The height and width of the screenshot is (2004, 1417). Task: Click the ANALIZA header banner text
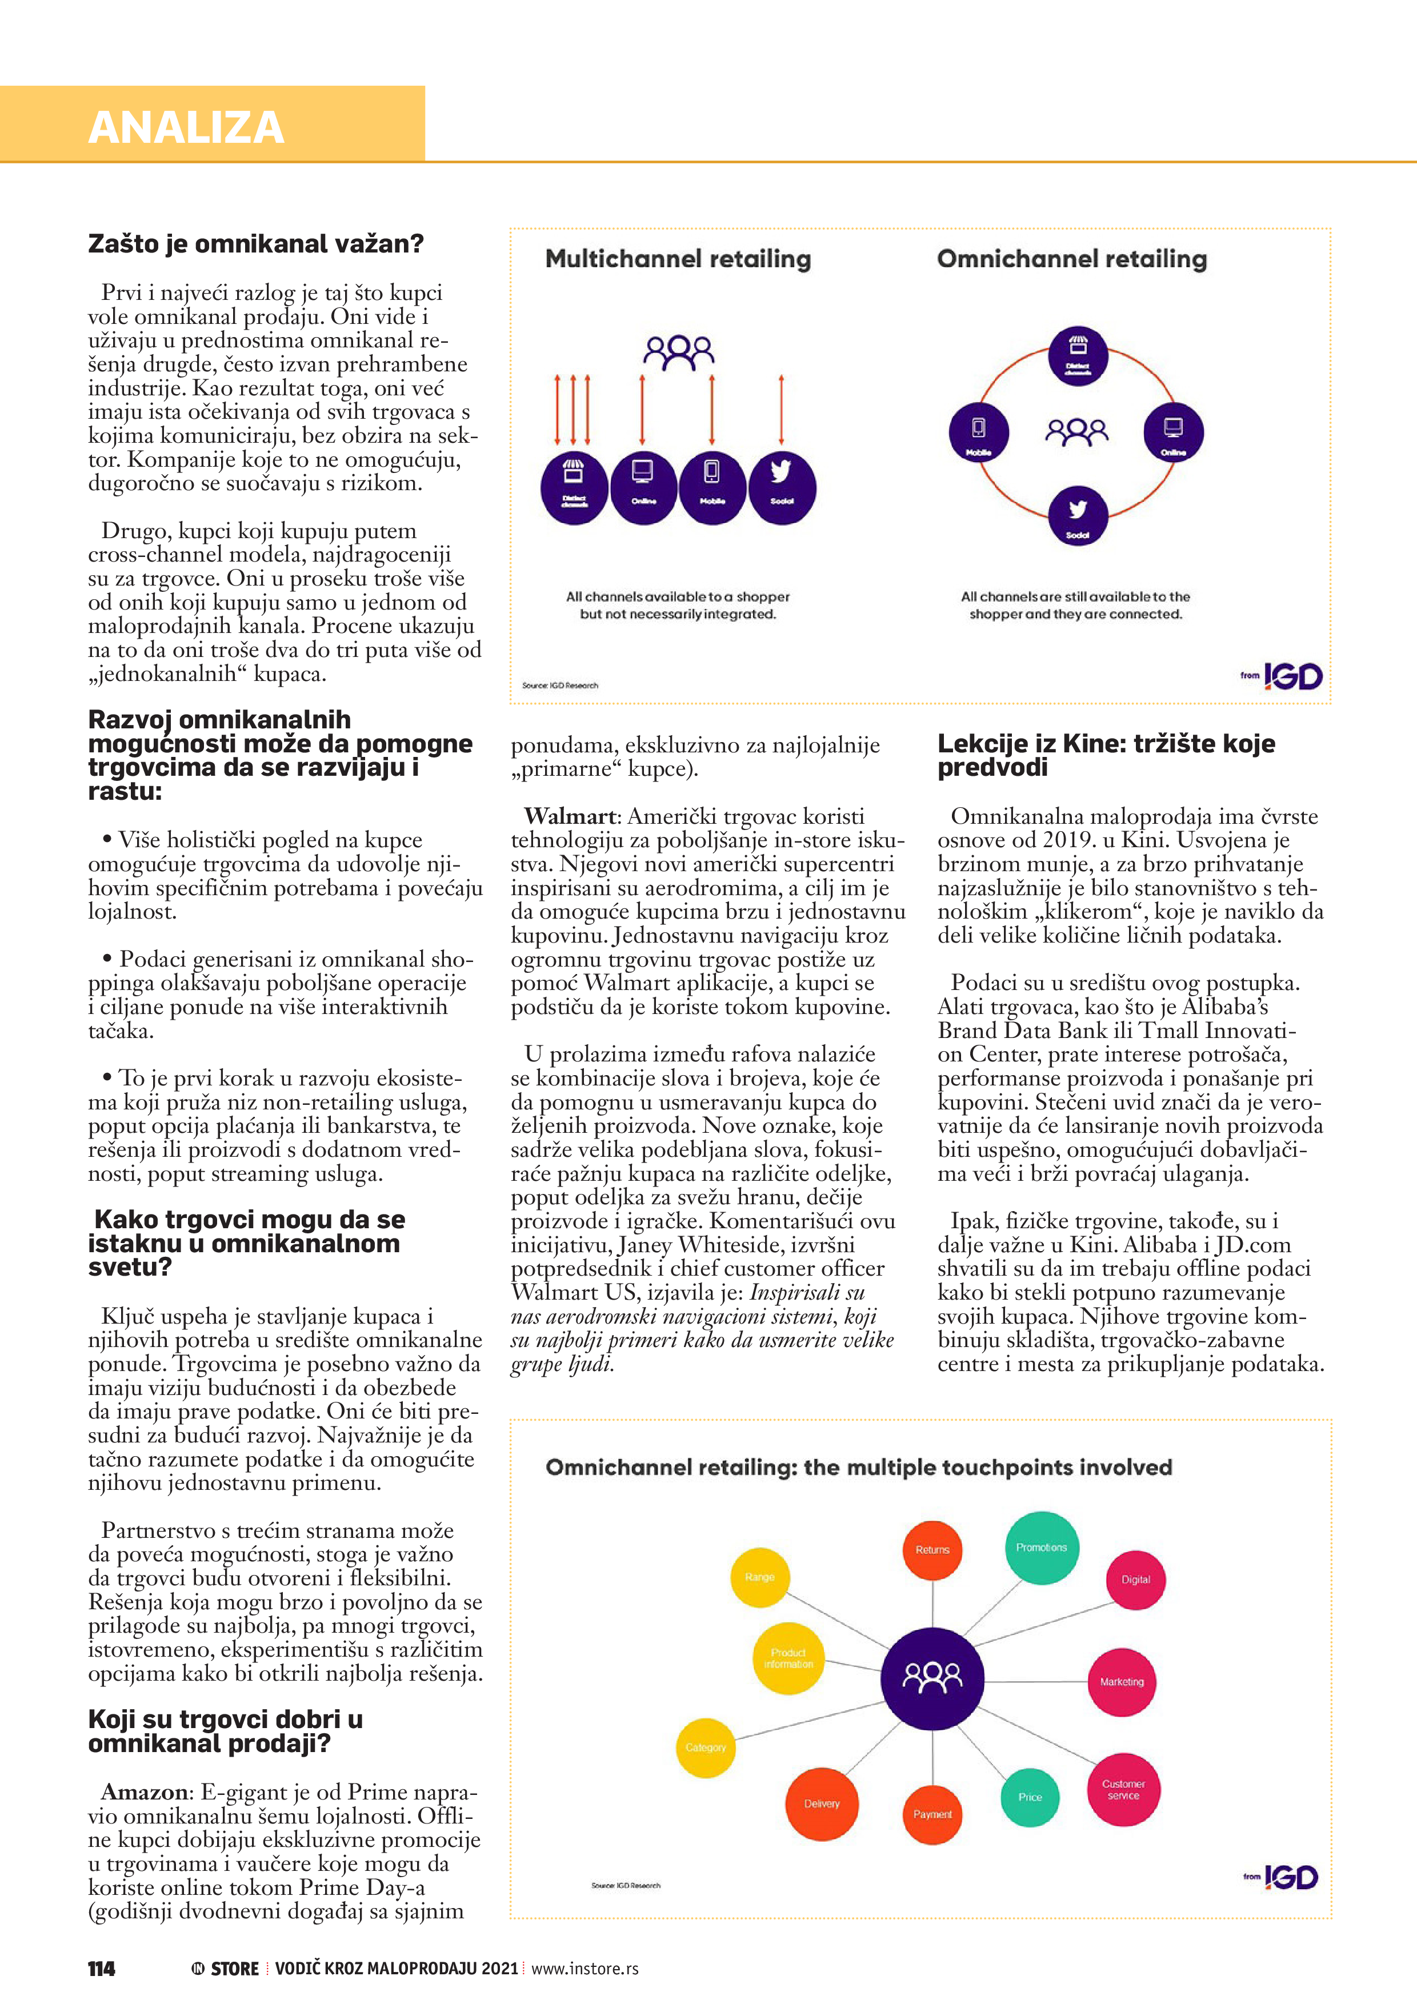coord(186,127)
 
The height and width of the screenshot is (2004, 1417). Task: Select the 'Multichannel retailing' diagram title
coord(678,259)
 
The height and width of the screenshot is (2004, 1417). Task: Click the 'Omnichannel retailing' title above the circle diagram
coord(1071,259)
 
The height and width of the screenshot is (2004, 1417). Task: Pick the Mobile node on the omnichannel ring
coord(978,432)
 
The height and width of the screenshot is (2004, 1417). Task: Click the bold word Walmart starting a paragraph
coord(570,816)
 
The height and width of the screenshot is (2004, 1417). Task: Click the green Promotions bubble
coord(1040,1548)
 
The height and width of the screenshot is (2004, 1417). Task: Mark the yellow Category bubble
coord(706,1748)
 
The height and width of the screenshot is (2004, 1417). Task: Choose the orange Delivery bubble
coord(822,1803)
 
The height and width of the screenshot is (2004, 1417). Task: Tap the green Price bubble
coord(1030,1797)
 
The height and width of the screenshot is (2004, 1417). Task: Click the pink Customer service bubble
coord(1123,1789)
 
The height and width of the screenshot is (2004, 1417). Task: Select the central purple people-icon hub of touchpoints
coord(931,1678)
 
